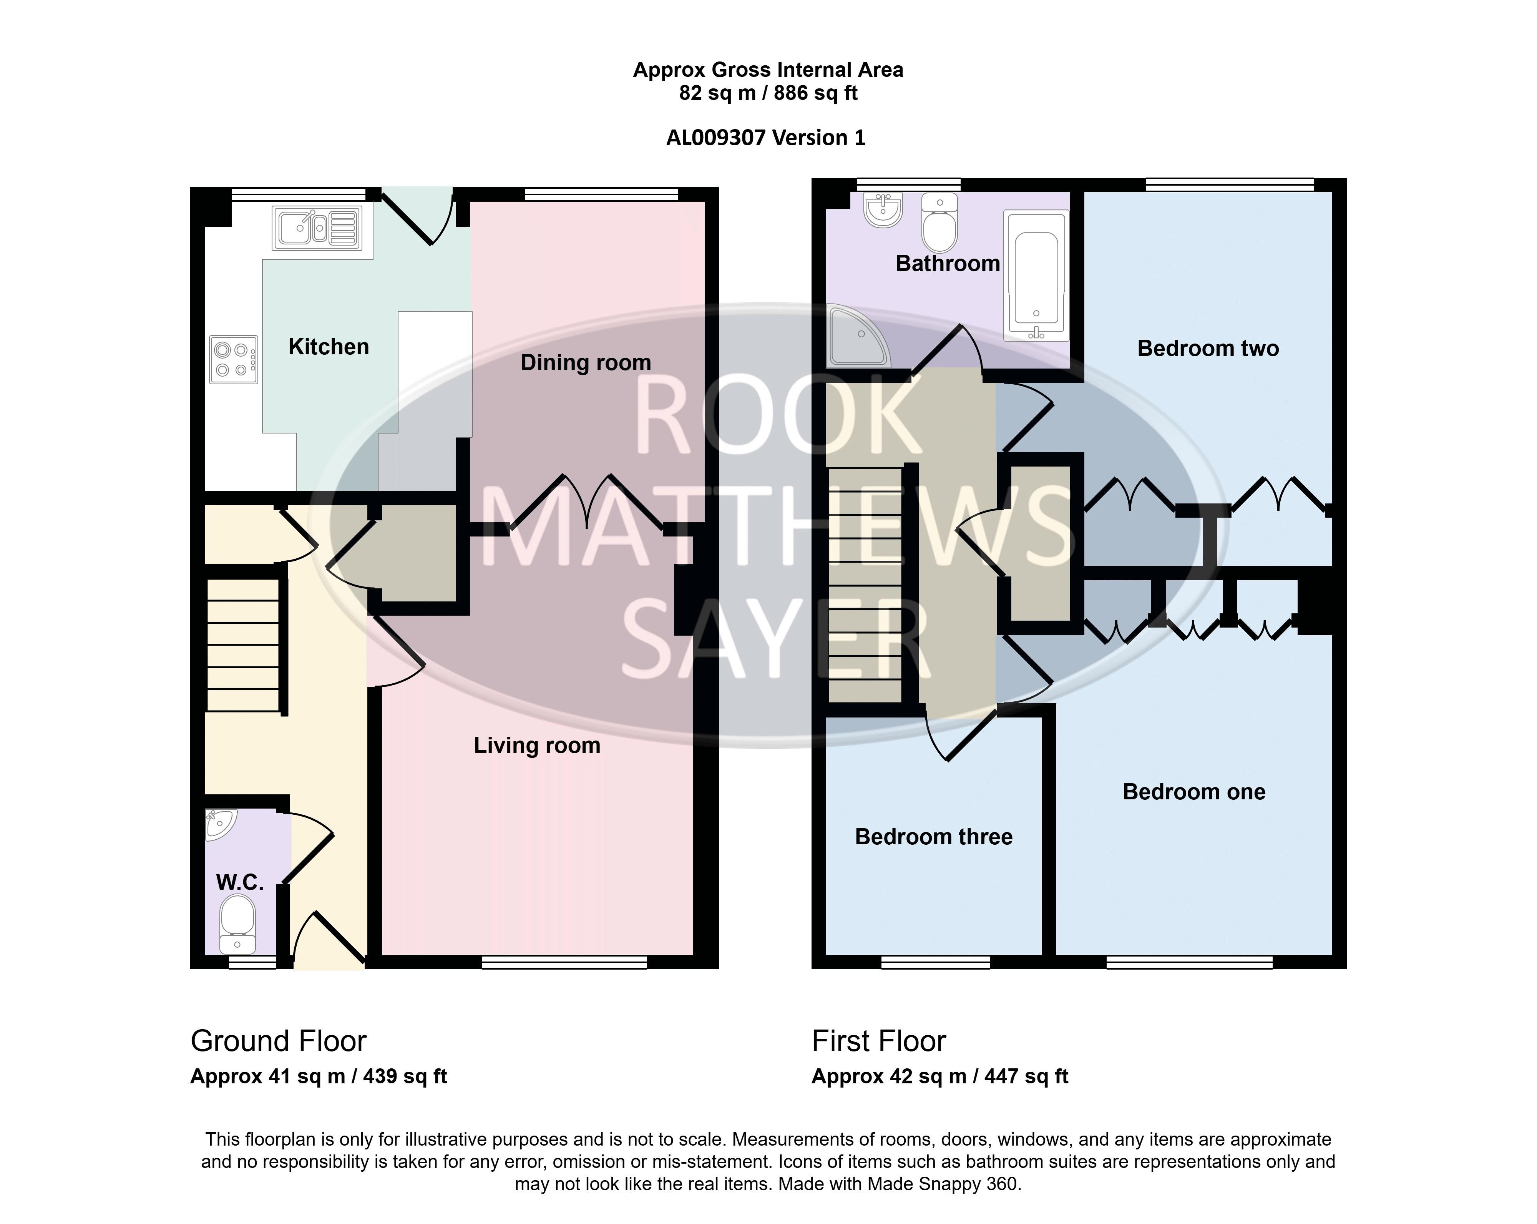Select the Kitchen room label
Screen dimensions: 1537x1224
pyautogui.click(x=329, y=347)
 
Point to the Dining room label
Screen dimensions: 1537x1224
pyautogui.click(x=586, y=363)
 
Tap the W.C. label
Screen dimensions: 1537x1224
pyautogui.click(x=239, y=882)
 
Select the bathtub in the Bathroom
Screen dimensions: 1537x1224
pyautogui.click(x=1036, y=275)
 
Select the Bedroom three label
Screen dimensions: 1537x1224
pyautogui.click(x=933, y=837)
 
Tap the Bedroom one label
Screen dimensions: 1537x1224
pyautogui.click(x=1194, y=792)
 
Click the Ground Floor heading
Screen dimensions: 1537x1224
pyautogui.click(x=278, y=1041)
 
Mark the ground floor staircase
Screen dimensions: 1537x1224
pyautogui.click(x=242, y=645)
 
